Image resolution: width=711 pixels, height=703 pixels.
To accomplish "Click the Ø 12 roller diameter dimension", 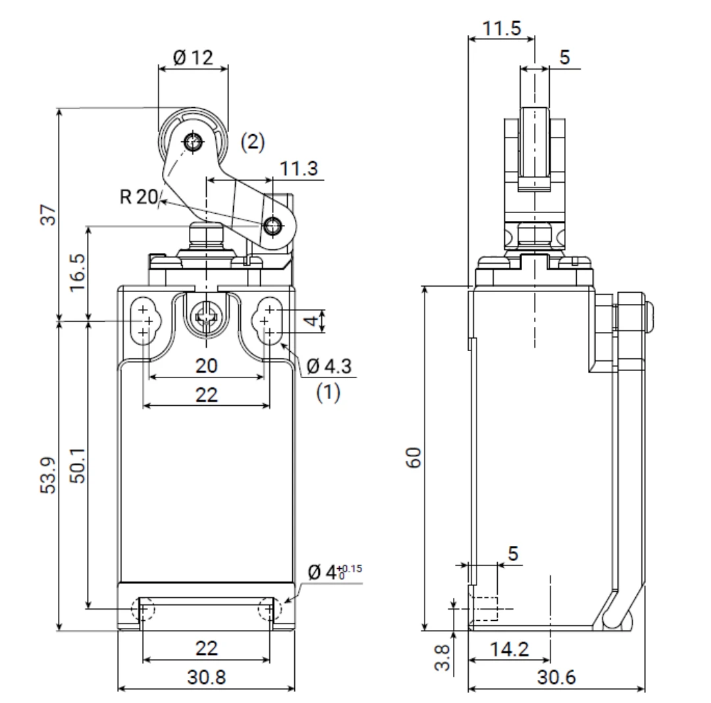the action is [x=193, y=57].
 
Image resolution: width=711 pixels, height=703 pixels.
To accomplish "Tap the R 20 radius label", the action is [x=138, y=197].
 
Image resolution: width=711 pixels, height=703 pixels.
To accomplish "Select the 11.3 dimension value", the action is [x=298, y=168].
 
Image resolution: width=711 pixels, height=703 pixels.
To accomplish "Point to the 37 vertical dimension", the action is [x=49, y=214].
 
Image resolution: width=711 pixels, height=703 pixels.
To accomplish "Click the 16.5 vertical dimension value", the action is [x=78, y=272].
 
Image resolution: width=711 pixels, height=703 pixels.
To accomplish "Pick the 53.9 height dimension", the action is [x=48, y=475].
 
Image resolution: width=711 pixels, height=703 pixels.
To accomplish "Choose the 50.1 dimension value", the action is [x=78, y=465].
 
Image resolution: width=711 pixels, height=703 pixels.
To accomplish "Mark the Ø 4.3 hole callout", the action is [x=329, y=366].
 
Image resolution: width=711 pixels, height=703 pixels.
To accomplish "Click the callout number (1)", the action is [x=329, y=392].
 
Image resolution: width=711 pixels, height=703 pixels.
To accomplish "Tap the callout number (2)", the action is [x=253, y=142].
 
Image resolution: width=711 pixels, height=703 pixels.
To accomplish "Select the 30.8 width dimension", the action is [x=206, y=677].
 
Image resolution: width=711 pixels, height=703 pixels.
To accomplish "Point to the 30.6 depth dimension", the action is [x=556, y=677].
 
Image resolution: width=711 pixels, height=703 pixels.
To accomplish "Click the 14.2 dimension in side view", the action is [x=509, y=650].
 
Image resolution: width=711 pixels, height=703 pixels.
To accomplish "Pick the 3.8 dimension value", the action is [x=442, y=658].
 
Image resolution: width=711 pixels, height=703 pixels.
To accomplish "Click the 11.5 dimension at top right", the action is [x=502, y=28].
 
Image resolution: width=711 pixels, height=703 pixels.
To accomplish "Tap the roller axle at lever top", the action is [x=193, y=142].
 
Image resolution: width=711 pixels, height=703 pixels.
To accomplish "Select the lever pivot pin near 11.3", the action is [x=272, y=225].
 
